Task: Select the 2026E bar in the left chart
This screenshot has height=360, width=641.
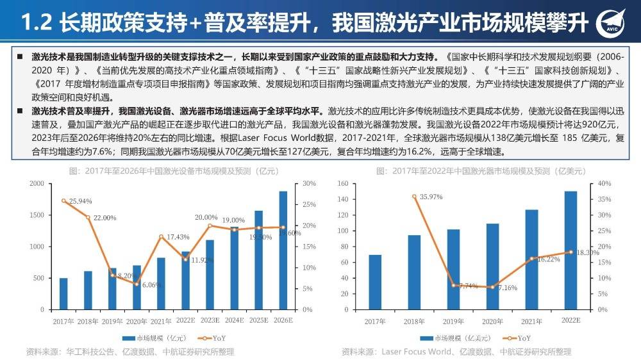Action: pyautogui.click(x=283, y=250)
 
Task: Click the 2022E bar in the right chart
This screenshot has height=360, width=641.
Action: pyautogui.click(x=570, y=250)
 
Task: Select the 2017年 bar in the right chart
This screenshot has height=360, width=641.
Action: pyautogui.click(x=375, y=282)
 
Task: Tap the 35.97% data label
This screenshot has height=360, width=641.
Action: pyautogui.click(x=435, y=197)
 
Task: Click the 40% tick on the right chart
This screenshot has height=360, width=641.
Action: pyautogui.click(x=605, y=184)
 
